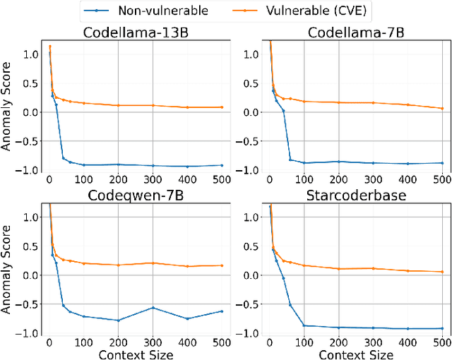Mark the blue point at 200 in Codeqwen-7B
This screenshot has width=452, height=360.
[117, 320]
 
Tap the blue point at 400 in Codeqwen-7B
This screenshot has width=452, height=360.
[187, 318]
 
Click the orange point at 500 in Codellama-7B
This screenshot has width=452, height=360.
[442, 109]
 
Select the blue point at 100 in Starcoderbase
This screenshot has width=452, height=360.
[304, 325]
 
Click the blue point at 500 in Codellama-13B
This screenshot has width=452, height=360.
[222, 165]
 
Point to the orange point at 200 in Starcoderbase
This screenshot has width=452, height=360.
[338, 269]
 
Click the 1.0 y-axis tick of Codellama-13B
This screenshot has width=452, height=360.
[32, 54]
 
